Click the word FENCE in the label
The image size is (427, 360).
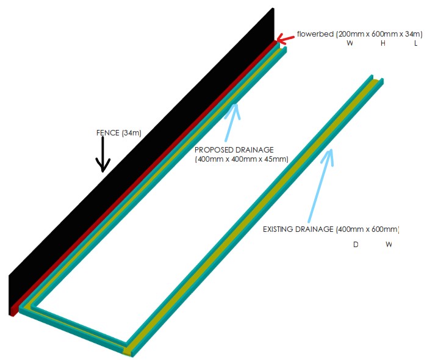(x=108, y=133)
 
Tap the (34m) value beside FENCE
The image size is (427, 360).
(x=132, y=133)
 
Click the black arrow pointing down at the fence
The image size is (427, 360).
(x=102, y=154)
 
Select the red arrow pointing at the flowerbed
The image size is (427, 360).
(x=285, y=40)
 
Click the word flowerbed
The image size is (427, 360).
(x=315, y=34)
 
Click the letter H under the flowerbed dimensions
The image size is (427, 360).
(x=383, y=43)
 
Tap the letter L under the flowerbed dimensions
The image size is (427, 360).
(x=415, y=43)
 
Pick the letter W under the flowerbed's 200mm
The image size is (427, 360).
(x=350, y=43)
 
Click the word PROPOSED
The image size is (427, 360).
(x=214, y=149)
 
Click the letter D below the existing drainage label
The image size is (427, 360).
(x=356, y=245)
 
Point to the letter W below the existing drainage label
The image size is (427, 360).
(x=389, y=245)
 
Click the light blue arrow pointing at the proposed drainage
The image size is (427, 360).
(x=231, y=123)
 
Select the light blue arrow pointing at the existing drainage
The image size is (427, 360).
(x=321, y=185)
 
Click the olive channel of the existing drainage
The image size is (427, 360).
(x=253, y=215)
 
